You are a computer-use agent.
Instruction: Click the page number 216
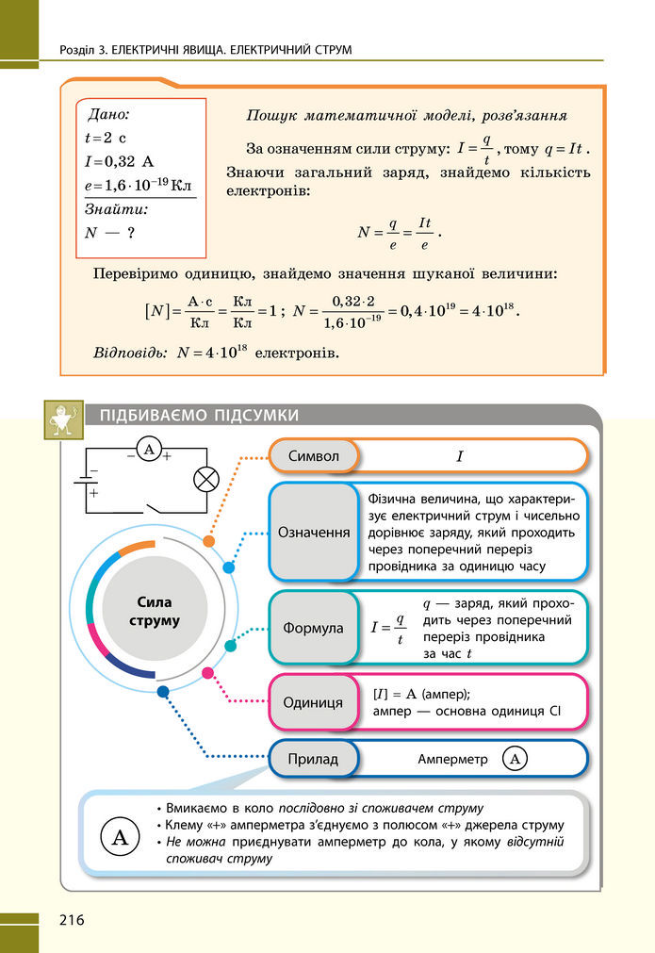point(72,919)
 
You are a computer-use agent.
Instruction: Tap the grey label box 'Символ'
point(315,456)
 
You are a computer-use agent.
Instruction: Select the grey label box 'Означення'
point(314,532)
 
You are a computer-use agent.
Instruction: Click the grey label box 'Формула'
point(314,628)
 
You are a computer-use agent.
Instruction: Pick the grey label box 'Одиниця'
point(314,702)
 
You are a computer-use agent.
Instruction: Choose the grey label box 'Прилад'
point(313,758)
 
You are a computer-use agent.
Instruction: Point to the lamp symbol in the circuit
point(205,479)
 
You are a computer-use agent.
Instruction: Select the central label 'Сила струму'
point(155,612)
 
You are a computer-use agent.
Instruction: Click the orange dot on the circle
point(208,541)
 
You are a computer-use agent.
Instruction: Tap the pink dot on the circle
point(208,672)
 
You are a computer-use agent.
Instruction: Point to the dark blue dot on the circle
point(163,691)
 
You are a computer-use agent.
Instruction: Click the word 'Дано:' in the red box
point(107,115)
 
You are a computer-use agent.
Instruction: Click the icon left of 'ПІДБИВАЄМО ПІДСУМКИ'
point(63,419)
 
